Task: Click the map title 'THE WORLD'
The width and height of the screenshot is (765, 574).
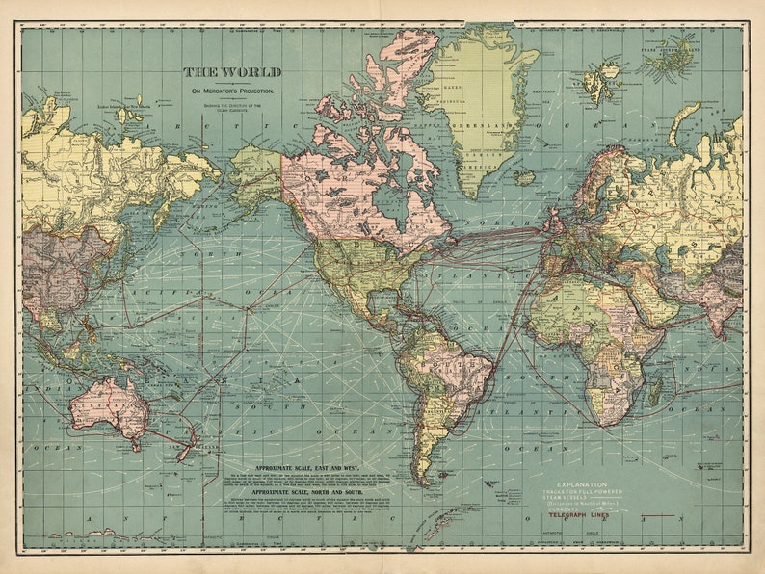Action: point(233,72)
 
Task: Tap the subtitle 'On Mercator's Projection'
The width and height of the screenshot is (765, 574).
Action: point(232,91)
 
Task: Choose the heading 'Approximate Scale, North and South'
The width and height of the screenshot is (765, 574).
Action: point(301,491)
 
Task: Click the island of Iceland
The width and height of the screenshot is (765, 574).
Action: point(524,178)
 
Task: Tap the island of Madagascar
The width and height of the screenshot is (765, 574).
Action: point(655,388)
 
